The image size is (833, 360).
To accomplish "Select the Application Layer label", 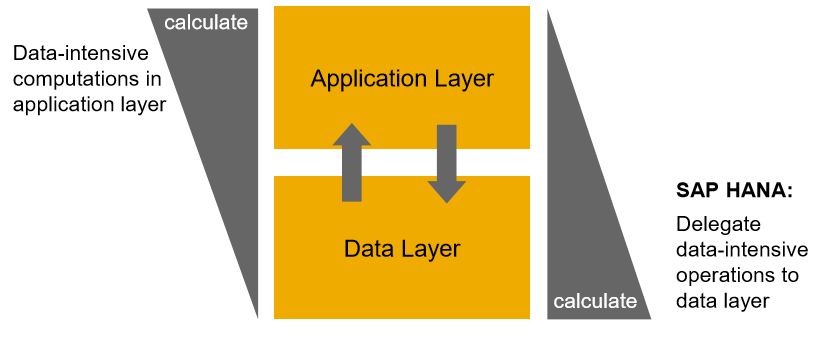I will [402, 78].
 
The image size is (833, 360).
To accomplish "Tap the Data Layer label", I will [402, 247].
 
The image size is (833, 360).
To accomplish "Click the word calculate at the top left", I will [206, 22].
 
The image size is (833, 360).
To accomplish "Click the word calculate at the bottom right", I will [594, 301].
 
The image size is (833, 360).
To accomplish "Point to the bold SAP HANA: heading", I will [734, 192].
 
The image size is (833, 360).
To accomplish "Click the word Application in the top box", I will [361, 78].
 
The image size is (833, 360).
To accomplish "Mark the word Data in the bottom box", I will [365, 247].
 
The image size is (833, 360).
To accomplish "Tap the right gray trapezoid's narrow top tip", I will [553, 20].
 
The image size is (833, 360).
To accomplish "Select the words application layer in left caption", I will [88, 104].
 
